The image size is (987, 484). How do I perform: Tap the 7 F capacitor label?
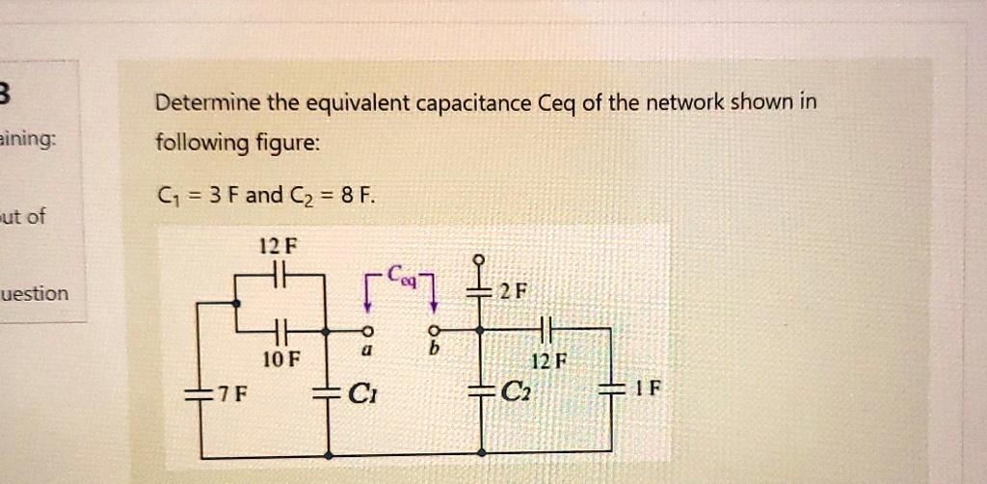coord(232,394)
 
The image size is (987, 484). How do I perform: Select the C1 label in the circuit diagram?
coord(361,394)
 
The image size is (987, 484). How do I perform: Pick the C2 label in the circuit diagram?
coord(517,393)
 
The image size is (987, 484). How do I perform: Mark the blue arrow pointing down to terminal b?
coord(434,293)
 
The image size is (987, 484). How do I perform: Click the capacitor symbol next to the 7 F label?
coord(201,393)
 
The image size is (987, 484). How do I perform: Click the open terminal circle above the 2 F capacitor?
coord(481,260)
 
